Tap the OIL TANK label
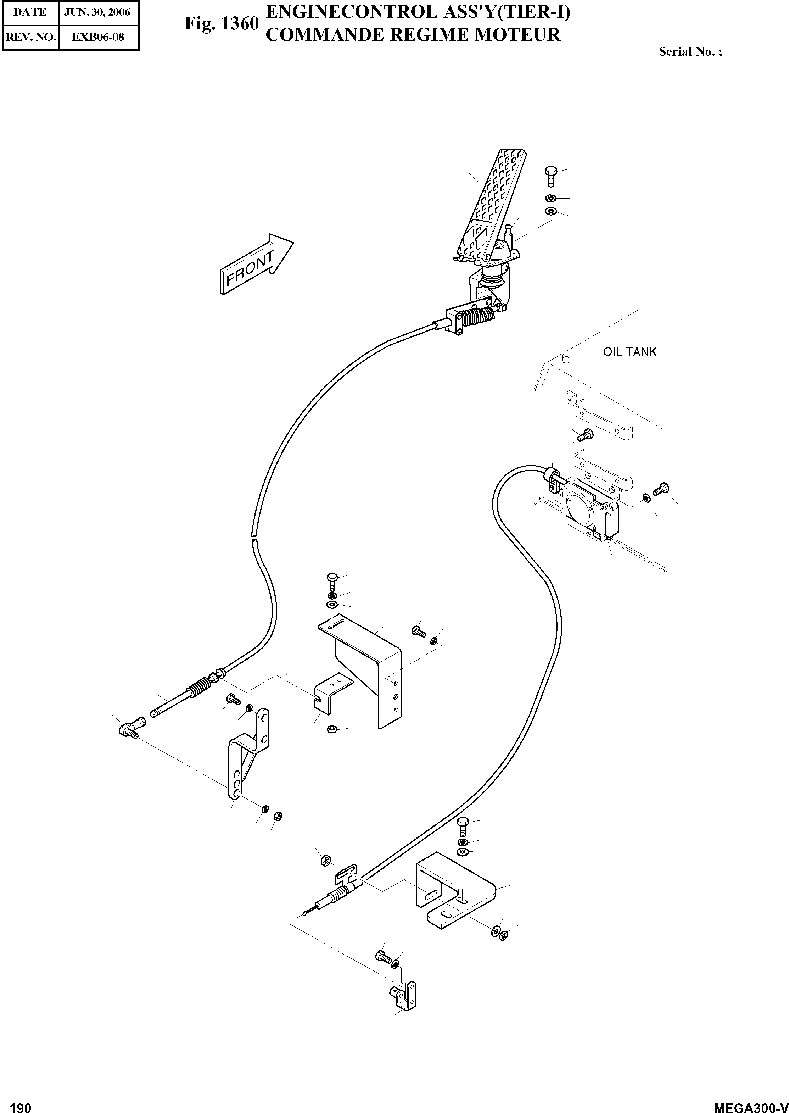click(629, 352)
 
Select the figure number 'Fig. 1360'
click(221, 23)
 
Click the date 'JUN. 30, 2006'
click(97, 12)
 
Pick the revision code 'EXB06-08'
click(98, 37)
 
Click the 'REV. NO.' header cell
click(30, 37)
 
